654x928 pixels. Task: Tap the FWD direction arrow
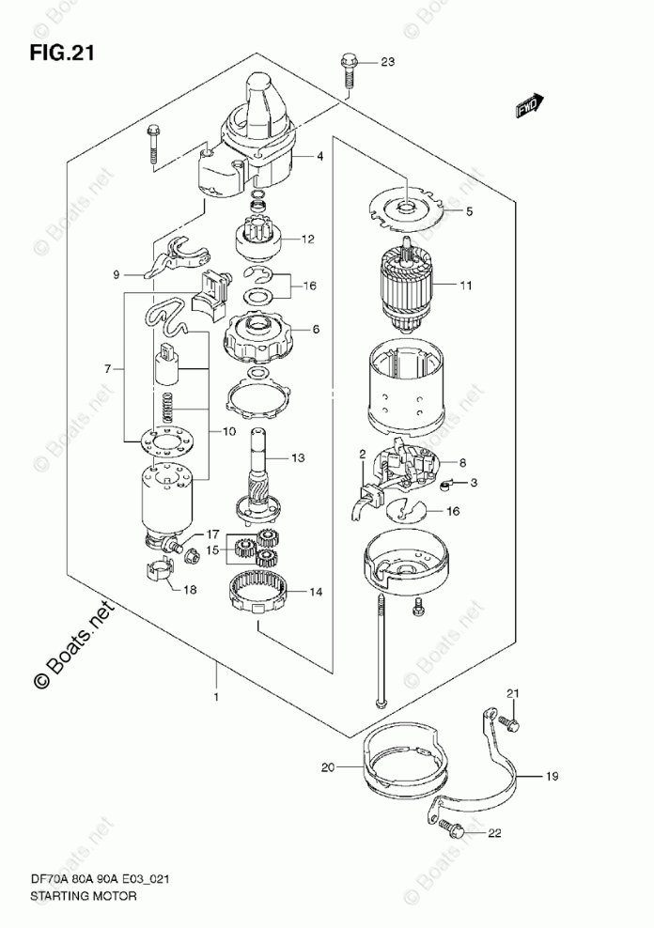529,106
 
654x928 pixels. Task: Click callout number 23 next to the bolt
388,63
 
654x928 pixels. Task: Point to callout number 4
319,157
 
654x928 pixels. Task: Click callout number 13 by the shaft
298,458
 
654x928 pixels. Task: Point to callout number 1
216,697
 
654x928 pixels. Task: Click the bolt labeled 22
452,829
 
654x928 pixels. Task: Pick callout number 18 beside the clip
190,590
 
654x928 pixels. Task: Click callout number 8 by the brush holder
461,463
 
